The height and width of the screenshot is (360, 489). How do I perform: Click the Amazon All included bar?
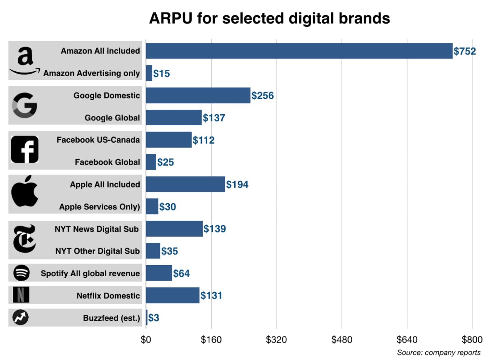pyautogui.click(x=299, y=51)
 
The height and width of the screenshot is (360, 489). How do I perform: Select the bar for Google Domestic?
pyautogui.click(x=198, y=95)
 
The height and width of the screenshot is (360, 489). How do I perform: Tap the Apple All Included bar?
pyautogui.click(x=185, y=184)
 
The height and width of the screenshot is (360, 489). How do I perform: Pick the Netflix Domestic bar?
pyautogui.click(x=172, y=295)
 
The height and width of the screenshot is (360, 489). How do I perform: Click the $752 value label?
pyautogui.click(x=464, y=51)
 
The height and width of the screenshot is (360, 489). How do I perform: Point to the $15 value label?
pyautogui.click(x=161, y=73)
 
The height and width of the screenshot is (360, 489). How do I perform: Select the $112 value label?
pyautogui.click(x=203, y=140)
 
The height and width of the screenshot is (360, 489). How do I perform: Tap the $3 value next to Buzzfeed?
pyautogui.click(x=154, y=318)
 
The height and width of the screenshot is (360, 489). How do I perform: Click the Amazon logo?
pyautogui.click(x=25, y=61)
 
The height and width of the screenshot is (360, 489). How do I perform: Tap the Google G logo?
pyautogui.click(x=25, y=105)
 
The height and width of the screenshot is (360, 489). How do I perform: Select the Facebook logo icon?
pyautogui.click(x=25, y=149)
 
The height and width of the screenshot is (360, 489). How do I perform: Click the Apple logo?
pyautogui.click(x=25, y=191)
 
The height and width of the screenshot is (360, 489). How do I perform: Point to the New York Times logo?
pyautogui.click(x=25, y=238)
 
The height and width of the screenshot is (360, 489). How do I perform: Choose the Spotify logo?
pyautogui.click(x=22, y=273)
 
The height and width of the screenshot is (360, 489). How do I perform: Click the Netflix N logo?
pyautogui.click(x=21, y=295)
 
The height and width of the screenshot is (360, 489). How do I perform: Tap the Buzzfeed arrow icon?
pyautogui.click(x=20, y=317)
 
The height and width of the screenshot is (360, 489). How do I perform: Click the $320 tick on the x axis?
pyautogui.click(x=276, y=340)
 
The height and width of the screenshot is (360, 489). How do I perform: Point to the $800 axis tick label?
pyautogui.click(x=472, y=340)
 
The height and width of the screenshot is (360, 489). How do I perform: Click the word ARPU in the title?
pyautogui.click(x=171, y=18)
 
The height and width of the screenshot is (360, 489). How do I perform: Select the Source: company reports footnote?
pyautogui.click(x=438, y=352)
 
